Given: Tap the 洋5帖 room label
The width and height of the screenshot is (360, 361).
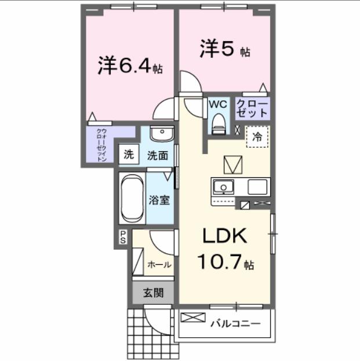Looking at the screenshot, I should pyautogui.click(x=226, y=49).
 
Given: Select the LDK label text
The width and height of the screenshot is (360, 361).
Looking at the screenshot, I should pyautogui.click(x=225, y=236).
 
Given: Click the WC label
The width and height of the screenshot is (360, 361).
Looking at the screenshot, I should pyautogui.click(x=217, y=104).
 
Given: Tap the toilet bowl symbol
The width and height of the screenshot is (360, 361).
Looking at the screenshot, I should pyautogui.click(x=219, y=122).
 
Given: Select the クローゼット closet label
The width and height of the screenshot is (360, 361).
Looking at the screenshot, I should pyautogui.click(x=252, y=108).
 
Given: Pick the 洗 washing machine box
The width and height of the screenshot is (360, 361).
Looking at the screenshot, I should pyautogui.click(x=129, y=155).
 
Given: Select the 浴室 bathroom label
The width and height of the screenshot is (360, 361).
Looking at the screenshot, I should pyautogui.click(x=159, y=200).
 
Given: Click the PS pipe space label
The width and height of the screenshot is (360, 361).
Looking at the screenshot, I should pyautogui.click(x=123, y=236).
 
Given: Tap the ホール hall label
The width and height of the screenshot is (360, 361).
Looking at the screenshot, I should pyautogui.click(x=159, y=265).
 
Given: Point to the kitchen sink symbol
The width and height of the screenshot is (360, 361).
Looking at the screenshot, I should pyautogui.click(x=223, y=187).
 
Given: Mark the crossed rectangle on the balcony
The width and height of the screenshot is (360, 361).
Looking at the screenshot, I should pyautogui.click(x=193, y=318).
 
